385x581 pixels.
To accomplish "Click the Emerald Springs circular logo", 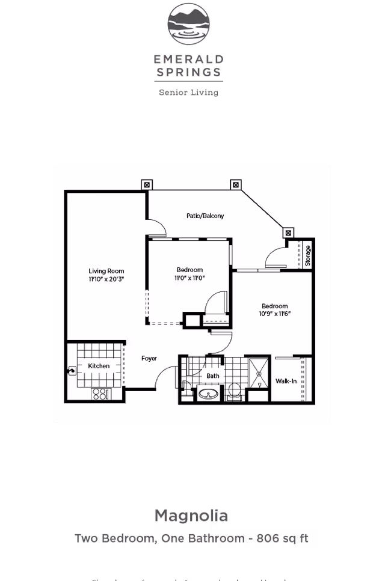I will (x=188, y=25).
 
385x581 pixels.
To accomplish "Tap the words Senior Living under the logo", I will (x=188, y=93).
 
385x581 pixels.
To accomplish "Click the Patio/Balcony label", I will (x=205, y=215).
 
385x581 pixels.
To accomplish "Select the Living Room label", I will (x=106, y=271).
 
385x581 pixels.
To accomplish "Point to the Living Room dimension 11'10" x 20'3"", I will (x=106, y=279).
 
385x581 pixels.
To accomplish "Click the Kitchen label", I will (x=99, y=366).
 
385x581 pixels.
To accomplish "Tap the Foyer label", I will (x=149, y=359).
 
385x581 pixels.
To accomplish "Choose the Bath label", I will (x=213, y=376).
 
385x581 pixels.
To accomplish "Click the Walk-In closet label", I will (x=286, y=381).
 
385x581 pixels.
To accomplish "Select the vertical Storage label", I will (x=307, y=255).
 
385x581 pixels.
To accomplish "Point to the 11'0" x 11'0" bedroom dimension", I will (x=189, y=278).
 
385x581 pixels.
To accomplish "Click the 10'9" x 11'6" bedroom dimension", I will (x=274, y=314).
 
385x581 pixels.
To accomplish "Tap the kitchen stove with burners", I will (x=101, y=394).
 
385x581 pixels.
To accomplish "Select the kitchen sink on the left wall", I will (x=72, y=372).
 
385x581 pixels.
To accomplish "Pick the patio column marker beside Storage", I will (x=288, y=233).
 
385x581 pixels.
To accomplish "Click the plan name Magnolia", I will (x=191, y=516).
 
